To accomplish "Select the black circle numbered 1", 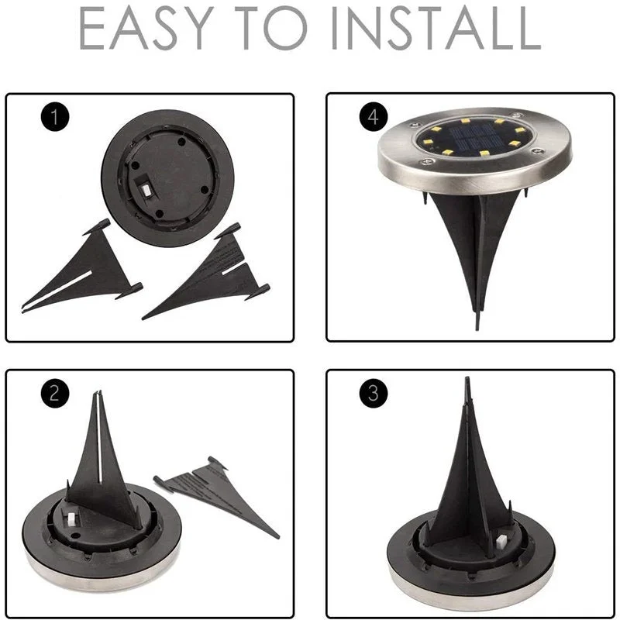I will coord(53,119).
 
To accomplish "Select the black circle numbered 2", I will coord(53,393).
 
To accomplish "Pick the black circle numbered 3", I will coord(373,393).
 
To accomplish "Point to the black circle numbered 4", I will coord(373,119).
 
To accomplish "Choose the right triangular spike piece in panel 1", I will coord(213,271).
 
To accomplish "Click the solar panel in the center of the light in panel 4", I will coord(474,139).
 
